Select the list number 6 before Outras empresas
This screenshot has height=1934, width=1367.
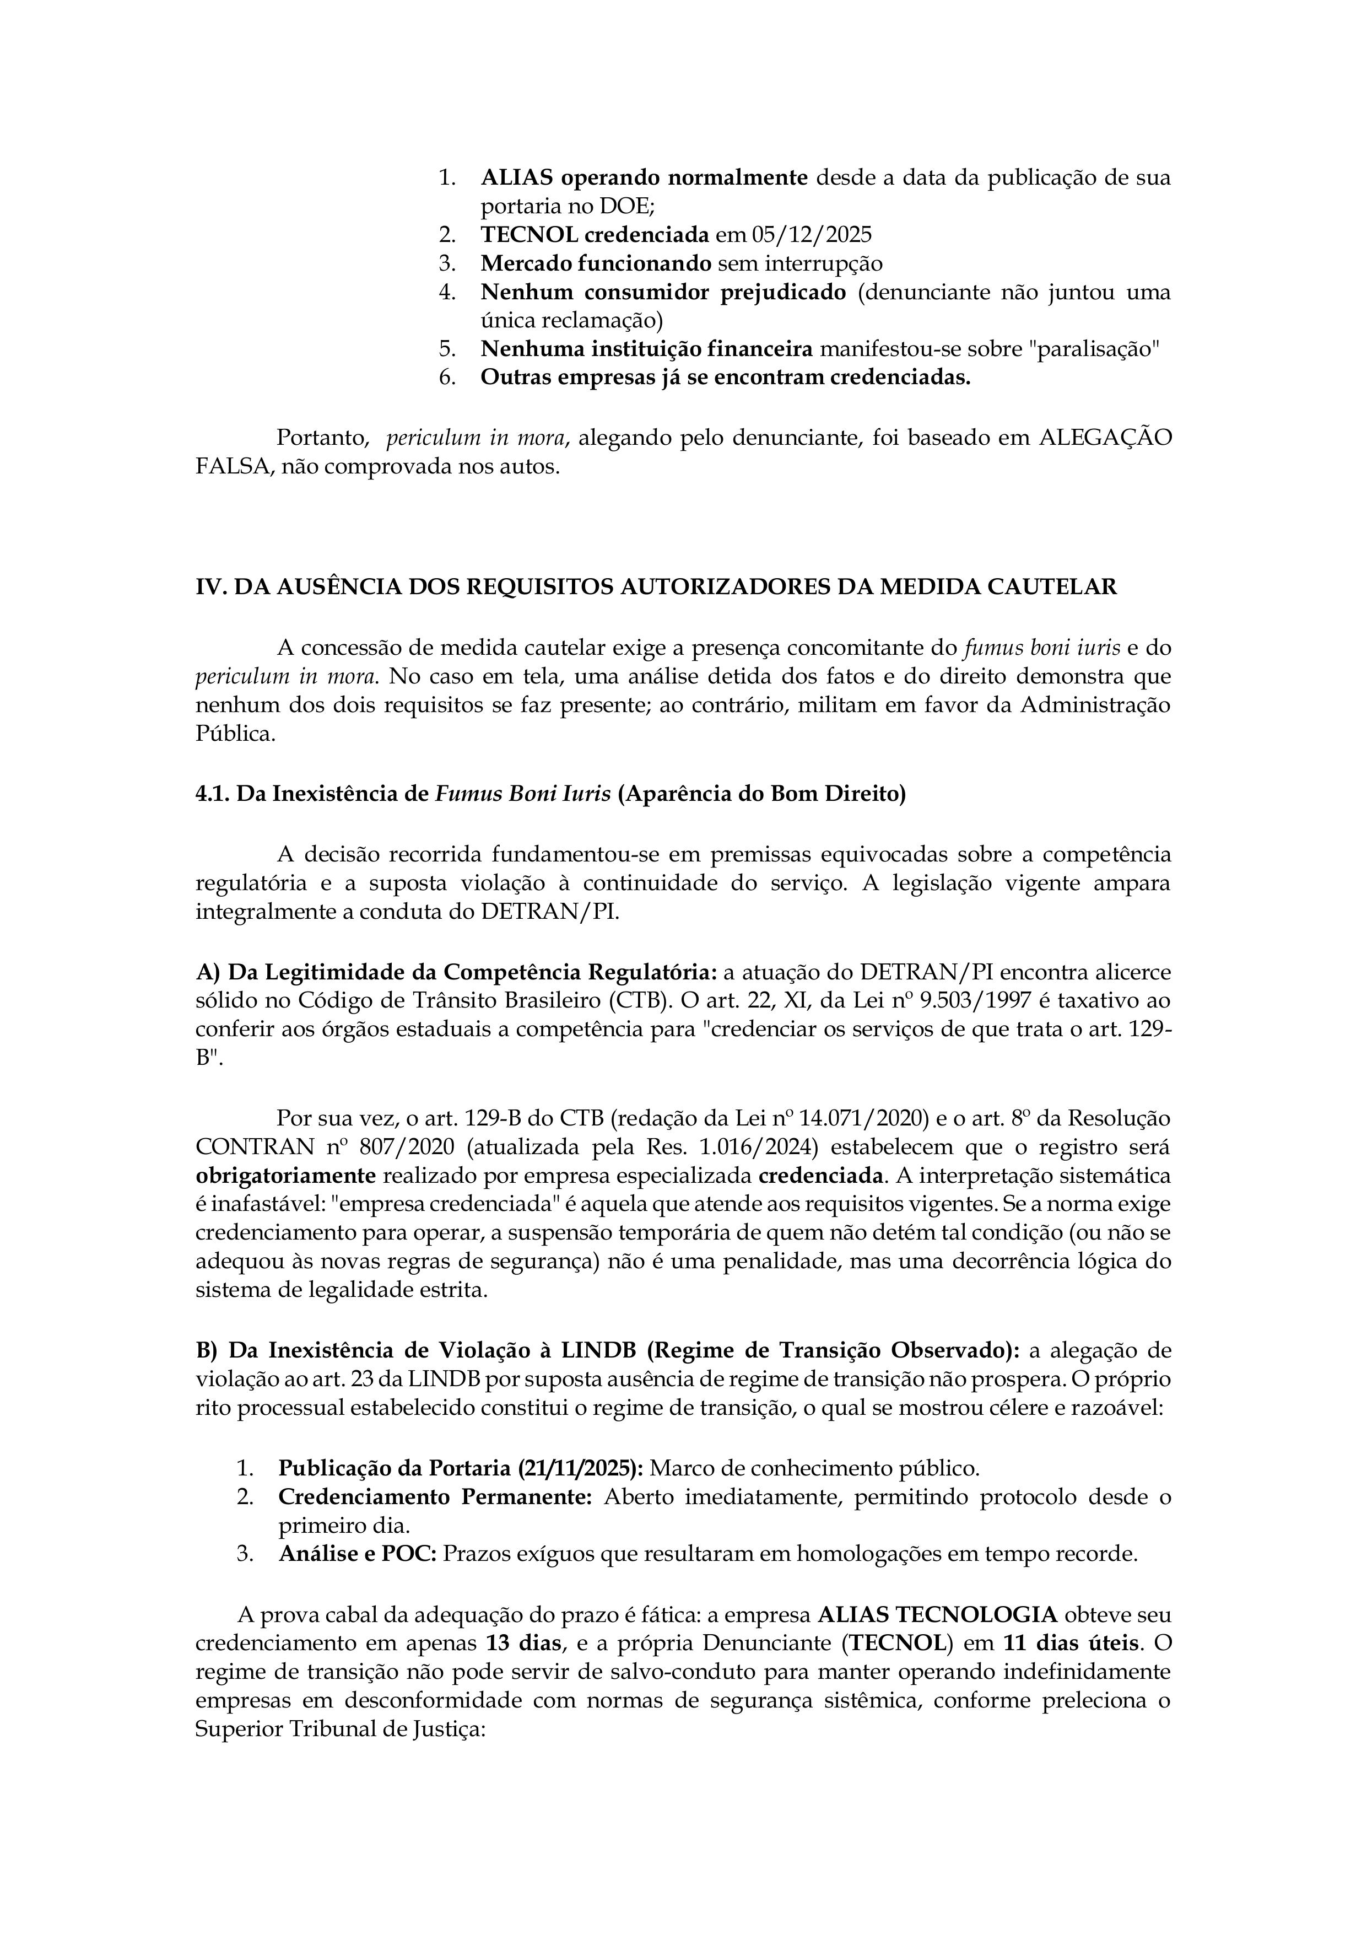446,378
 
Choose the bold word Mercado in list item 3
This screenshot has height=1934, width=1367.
526,263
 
